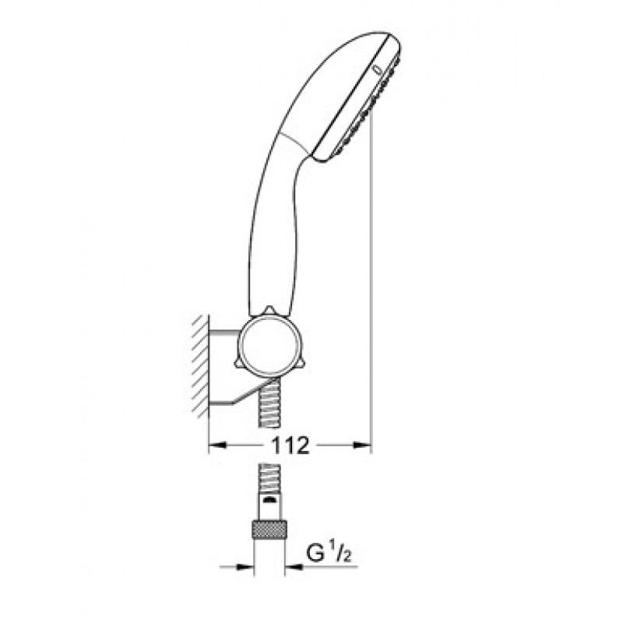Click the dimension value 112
290,445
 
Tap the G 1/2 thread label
329,554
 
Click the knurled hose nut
269,529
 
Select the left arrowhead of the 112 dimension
218,445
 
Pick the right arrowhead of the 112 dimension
363,445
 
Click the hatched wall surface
201,366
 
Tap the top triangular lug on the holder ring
269,311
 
